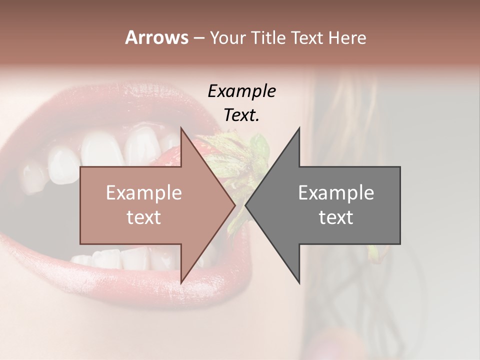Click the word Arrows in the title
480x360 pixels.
click(x=156, y=37)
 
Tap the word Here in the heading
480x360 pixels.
click(x=347, y=37)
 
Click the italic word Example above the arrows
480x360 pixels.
click(x=241, y=91)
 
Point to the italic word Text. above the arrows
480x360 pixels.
click(x=241, y=115)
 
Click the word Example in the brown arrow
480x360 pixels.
click(x=143, y=193)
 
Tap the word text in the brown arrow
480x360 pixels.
click(x=143, y=217)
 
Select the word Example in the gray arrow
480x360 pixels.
click(x=336, y=193)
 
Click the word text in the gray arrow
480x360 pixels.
click(x=336, y=217)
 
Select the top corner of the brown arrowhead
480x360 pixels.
click(x=181, y=128)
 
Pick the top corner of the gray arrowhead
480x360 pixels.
click(x=299, y=128)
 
